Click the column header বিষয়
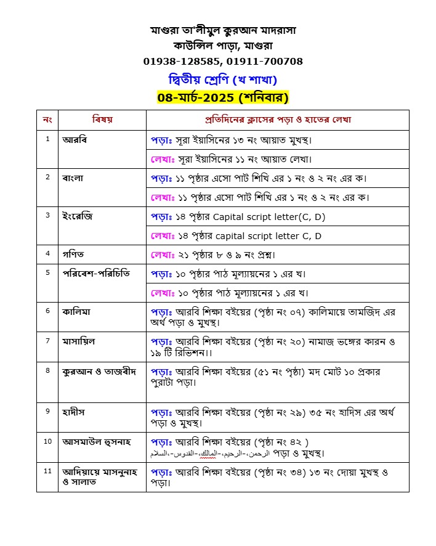102,119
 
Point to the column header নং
47,119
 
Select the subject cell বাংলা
73,178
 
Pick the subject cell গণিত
72,253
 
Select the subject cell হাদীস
73,411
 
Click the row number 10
47,441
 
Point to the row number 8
47,370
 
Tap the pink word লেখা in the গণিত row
161,255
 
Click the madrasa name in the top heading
223,30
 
